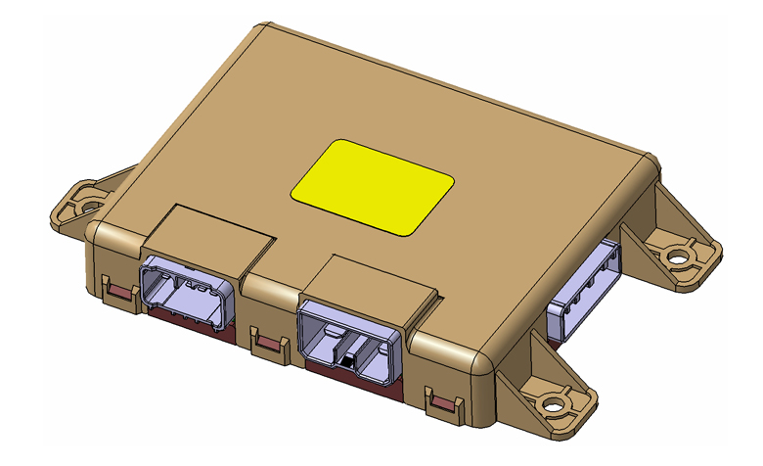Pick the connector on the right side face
point(583,290)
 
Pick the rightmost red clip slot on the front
point(444,400)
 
